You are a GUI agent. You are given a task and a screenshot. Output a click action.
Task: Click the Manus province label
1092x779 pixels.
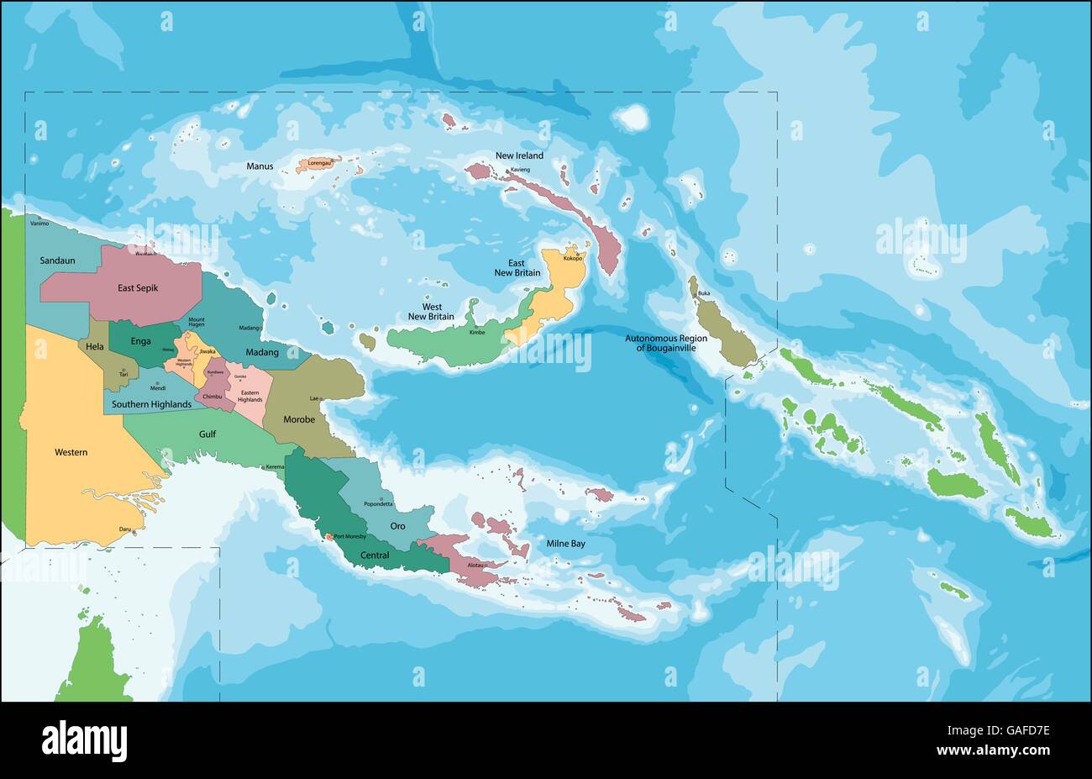260,166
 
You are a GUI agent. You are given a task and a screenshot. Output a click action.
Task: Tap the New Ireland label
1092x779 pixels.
519,155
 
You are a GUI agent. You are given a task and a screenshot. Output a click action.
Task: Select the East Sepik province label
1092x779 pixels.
138,287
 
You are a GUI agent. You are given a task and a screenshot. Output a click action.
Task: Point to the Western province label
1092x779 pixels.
71,452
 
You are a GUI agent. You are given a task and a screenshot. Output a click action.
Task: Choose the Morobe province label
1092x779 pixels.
299,418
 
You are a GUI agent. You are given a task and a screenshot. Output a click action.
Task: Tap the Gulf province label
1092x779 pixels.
207,434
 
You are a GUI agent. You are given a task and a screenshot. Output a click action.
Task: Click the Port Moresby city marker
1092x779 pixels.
328,536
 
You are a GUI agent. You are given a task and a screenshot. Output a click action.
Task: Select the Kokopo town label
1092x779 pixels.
574,258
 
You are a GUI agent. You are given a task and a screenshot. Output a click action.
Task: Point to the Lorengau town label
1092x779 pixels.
320,162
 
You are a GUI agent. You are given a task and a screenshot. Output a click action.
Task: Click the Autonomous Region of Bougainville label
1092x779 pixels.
666,343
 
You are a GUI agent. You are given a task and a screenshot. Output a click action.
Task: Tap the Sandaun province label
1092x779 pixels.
57,261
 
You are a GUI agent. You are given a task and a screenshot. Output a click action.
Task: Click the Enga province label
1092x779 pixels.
140,342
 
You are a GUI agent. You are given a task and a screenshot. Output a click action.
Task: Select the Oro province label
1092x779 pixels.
397,526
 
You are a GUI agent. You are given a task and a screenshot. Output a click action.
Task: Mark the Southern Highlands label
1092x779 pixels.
151,404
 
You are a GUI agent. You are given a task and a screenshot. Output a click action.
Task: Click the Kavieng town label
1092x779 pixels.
521,170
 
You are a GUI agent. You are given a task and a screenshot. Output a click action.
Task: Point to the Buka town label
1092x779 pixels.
704,292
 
